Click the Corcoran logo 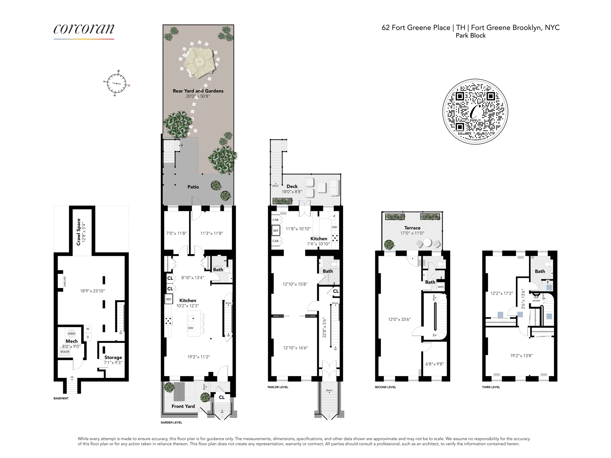click(84, 30)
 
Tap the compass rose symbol click(117, 83)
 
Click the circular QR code click(475, 112)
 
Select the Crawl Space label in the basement click(81, 232)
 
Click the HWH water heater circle click(71, 333)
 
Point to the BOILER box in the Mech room click(65, 352)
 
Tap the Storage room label click(113, 357)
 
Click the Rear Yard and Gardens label click(198, 91)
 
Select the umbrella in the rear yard click(199, 62)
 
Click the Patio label click(193, 187)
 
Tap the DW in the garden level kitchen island click(191, 328)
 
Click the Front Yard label click(183, 406)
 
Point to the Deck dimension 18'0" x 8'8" click(292, 192)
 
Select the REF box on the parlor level click(276, 230)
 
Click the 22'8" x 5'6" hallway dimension click(324, 327)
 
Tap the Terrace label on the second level click(412, 228)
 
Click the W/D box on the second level click(440, 287)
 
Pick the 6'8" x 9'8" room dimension click(434, 364)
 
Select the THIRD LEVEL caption click(491, 387)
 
